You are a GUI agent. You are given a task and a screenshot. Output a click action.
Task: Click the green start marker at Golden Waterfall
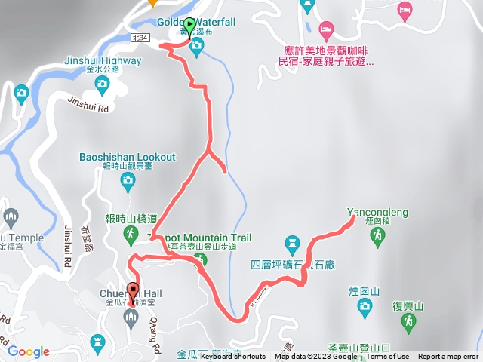point(189,25)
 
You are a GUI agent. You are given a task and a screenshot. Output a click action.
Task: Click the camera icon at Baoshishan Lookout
point(128,180)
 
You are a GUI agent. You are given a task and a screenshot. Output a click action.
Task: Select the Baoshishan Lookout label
point(128,158)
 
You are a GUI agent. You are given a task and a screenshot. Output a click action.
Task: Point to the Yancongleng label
point(377,213)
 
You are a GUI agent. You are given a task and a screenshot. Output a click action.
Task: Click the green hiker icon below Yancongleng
point(377,237)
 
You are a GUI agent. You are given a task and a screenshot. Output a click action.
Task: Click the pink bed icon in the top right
point(405,9)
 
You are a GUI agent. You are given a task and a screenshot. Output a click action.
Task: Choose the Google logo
point(29,351)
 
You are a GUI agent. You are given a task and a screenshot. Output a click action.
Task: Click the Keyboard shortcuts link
point(233,357)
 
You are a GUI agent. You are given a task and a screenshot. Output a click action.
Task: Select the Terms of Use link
point(388,357)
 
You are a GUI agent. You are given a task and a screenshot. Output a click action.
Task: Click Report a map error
point(448,357)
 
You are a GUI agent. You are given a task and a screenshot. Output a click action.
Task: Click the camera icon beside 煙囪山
point(365,305)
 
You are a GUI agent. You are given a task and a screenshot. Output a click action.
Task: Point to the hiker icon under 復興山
point(408,322)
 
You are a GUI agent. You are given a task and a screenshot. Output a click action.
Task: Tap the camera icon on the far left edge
point(20,94)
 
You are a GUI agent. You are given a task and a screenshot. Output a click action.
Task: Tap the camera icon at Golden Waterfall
point(197,49)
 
